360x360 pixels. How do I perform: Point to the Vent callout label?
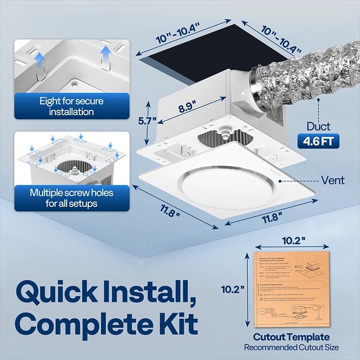[333, 180]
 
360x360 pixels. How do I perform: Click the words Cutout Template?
[291, 337]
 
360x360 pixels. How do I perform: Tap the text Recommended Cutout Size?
[291, 347]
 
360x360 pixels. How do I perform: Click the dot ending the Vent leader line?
[280, 180]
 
